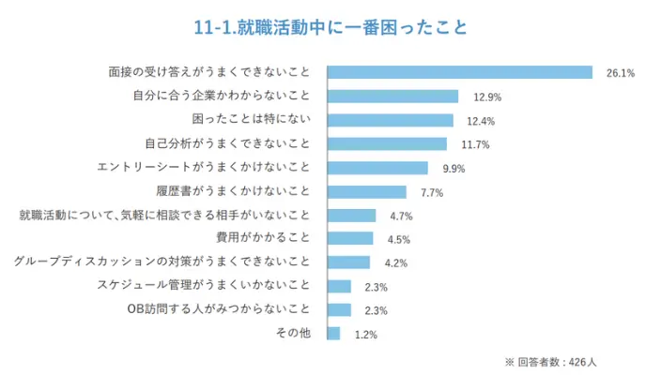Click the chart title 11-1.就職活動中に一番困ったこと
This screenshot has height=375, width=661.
coord(330,26)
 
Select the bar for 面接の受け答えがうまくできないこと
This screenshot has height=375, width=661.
coord(459,72)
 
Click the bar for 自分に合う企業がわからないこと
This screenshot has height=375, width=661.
coord(392,96)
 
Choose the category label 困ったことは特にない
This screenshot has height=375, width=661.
coord(257,120)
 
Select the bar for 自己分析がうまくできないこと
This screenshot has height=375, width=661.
coord(386,143)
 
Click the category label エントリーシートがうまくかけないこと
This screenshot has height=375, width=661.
coord(203,168)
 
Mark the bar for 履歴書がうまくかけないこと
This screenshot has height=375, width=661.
coord(366,191)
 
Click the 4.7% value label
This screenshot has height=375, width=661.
coord(401,217)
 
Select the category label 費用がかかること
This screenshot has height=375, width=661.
coord(269,238)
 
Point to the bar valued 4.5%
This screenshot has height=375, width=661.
coord(349,238)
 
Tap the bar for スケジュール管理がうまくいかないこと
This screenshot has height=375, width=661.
coord(338,286)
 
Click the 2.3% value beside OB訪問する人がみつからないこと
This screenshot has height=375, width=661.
coord(377,311)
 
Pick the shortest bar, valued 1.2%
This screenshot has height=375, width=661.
coord(332,334)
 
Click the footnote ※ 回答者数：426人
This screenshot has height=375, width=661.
coord(558,361)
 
